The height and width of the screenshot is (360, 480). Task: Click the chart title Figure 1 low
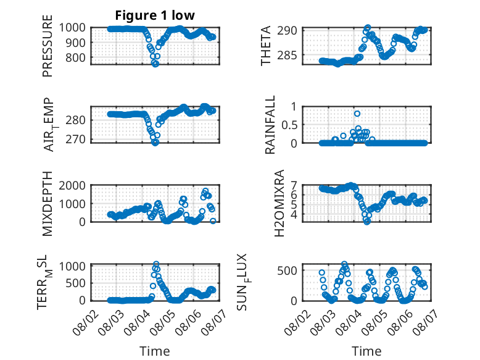click(155, 15)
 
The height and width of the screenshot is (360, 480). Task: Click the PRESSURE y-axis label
click(48, 46)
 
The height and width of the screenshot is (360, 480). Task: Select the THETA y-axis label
click(266, 46)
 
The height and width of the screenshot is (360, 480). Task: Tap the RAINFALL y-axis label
click(270, 125)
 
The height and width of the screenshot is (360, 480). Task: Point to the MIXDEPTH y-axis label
click(48, 204)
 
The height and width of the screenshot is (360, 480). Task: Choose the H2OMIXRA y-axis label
click(279, 203)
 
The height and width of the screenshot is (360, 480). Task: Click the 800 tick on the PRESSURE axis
click(75, 57)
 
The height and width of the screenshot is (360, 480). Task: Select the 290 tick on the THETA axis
click(287, 31)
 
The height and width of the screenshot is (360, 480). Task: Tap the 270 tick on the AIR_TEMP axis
click(75, 140)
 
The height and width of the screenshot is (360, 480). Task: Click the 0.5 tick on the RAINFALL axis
click(289, 125)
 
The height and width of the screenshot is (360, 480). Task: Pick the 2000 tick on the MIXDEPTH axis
click(72, 185)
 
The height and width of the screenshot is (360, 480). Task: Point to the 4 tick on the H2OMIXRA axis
click(294, 214)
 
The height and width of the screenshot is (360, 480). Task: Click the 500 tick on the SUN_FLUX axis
click(287, 270)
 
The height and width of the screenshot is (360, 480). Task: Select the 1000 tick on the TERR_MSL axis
click(72, 266)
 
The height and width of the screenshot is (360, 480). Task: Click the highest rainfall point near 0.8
click(357, 114)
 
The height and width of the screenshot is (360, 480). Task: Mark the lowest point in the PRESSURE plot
click(156, 64)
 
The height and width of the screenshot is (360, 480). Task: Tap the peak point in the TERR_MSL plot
click(156, 264)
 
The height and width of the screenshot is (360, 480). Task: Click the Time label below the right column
click(366, 351)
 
